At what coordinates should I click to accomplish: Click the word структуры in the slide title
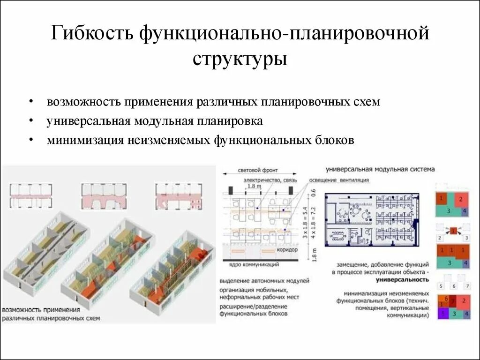[240, 59]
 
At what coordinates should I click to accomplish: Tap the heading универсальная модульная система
[380, 169]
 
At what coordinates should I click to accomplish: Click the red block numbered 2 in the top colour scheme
[460, 199]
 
